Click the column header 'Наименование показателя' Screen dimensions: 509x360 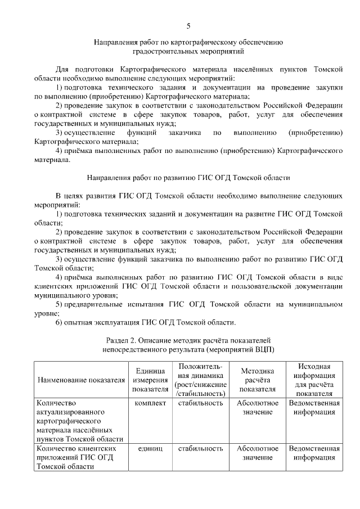pos(81,380)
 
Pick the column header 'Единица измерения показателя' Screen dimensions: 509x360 pos(150,380)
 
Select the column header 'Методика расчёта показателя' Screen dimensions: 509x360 pos(257,380)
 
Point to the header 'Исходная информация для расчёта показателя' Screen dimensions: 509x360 pos(314,380)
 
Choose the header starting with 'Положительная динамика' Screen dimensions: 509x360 pos(200,380)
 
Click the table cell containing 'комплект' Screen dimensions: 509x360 pos(150,403)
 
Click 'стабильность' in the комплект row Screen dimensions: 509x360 pos(200,403)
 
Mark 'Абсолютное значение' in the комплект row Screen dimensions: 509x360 pos(257,408)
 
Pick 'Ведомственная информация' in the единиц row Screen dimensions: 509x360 pos(314,453)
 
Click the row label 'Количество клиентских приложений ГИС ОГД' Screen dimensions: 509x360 pos(76,457)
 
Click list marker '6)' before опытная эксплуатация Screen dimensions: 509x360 pos(59,322)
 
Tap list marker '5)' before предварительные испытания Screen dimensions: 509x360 pos(59,304)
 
